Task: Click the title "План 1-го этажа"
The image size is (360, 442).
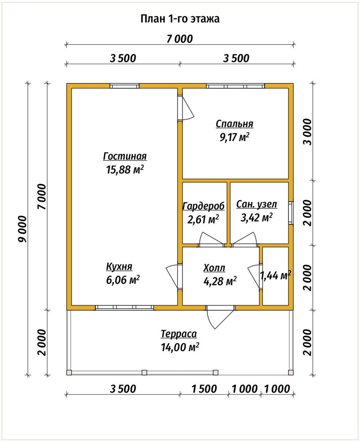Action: (x=180, y=19)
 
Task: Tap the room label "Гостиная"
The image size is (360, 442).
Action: (x=125, y=156)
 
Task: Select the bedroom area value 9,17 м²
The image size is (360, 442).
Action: (x=235, y=137)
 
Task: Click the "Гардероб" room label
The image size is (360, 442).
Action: (x=203, y=206)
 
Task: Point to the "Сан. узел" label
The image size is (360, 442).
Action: (x=256, y=204)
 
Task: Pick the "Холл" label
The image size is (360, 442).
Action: (x=214, y=268)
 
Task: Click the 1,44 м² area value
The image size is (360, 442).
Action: (x=275, y=275)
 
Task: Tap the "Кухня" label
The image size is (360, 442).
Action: (x=119, y=267)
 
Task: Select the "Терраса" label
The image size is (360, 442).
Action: (x=178, y=334)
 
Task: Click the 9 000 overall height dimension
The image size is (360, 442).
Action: (x=22, y=229)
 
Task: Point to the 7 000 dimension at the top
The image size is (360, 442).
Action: (x=180, y=39)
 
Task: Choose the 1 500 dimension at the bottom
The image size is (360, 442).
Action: (x=204, y=389)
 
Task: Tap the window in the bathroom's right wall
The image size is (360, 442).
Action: (x=291, y=213)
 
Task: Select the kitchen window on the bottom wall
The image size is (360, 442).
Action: (x=125, y=308)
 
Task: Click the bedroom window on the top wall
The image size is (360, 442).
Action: (x=235, y=86)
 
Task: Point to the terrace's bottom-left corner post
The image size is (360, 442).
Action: (x=69, y=373)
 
